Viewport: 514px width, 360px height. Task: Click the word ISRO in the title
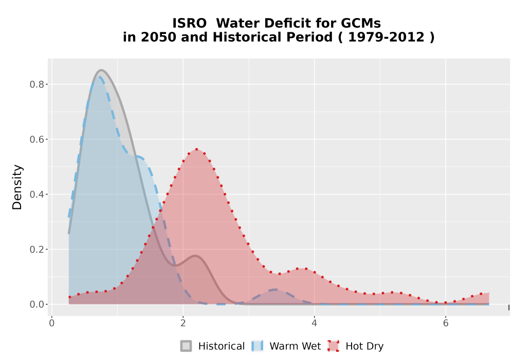pyautogui.click(x=190, y=23)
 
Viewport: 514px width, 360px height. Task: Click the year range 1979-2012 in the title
pyautogui.click(x=386, y=37)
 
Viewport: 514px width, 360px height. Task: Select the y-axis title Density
pyautogui.click(x=17, y=187)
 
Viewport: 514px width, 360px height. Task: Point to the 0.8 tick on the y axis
pyautogui.click(x=36, y=84)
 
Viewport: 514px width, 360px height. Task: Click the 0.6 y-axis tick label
pyautogui.click(x=36, y=139)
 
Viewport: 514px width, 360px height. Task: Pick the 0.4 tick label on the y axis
pyautogui.click(x=36, y=194)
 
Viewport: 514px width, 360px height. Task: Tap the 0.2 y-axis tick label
pyautogui.click(x=36, y=249)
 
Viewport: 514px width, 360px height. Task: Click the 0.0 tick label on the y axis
pyautogui.click(x=36, y=304)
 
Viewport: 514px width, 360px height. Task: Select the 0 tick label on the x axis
pyautogui.click(x=52, y=323)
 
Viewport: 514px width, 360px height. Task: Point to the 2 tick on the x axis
pyautogui.click(x=183, y=323)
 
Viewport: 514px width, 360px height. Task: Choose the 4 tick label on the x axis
pyautogui.click(x=315, y=323)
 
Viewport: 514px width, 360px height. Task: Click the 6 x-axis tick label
pyautogui.click(x=446, y=323)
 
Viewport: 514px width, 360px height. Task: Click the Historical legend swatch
pyautogui.click(x=186, y=346)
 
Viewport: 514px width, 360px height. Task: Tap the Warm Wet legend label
pyautogui.click(x=295, y=346)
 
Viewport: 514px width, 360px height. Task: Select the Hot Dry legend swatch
pyautogui.click(x=334, y=346)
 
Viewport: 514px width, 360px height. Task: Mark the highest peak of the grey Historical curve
pyautogui.click(x=101, y=70)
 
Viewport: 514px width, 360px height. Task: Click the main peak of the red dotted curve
pyautogui.click(x=197, y=150)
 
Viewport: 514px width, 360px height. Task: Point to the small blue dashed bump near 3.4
pyautogui.click(x=276, y=290)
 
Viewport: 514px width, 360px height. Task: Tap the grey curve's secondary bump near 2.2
pyautogui.click(x=195, y=256)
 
